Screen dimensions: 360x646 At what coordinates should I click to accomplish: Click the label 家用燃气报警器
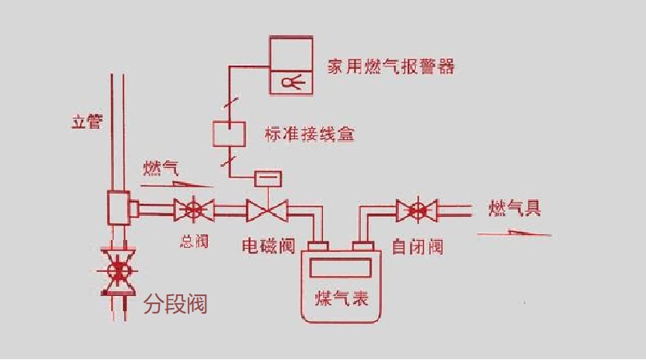[391, 66]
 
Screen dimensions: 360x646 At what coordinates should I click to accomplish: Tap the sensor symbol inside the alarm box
[289, 81]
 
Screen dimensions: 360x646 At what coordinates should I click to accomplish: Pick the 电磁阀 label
[269, 246]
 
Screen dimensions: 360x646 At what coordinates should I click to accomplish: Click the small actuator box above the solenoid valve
[266, 178]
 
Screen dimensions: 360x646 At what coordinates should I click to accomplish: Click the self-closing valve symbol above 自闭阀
[417, 211]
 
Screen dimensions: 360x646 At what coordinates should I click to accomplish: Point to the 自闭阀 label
[417, 246]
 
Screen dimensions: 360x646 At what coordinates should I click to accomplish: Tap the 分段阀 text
[175, 305]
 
